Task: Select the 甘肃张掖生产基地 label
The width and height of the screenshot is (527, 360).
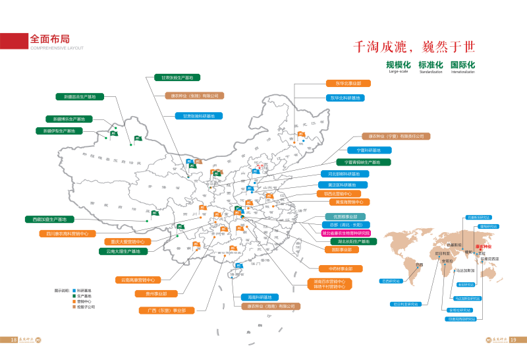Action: (177, 78)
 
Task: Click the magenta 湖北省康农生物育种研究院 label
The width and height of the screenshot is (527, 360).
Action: (346, 233)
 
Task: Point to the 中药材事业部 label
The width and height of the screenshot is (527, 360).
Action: (341, 269)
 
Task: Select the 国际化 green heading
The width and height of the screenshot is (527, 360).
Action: (462, 65)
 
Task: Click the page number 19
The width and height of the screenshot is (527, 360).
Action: (514, 340)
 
